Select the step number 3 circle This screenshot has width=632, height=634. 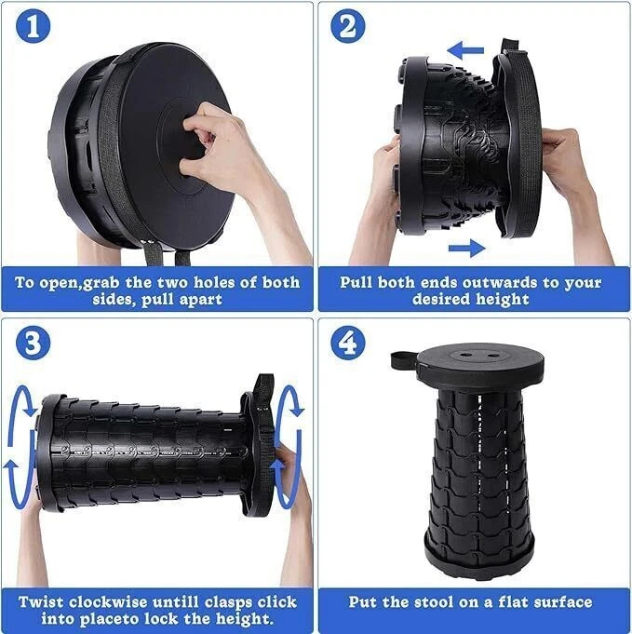tap(33, 343)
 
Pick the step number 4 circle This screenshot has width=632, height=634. tap(348, 343)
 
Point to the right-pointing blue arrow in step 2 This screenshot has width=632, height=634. tap(466, 248)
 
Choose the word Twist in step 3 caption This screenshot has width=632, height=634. tap(43, 602)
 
